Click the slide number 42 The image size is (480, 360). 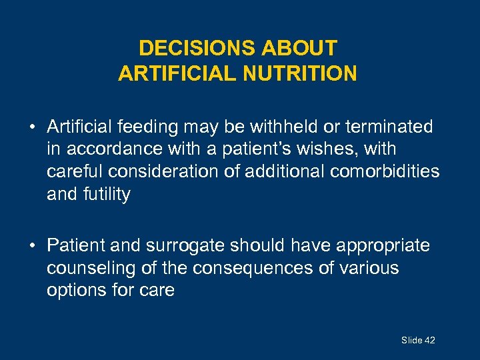[x=429, y=341]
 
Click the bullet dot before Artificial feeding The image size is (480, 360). [x=32, y=127]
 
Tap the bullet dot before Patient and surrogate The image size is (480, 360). [x=32, y=246]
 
